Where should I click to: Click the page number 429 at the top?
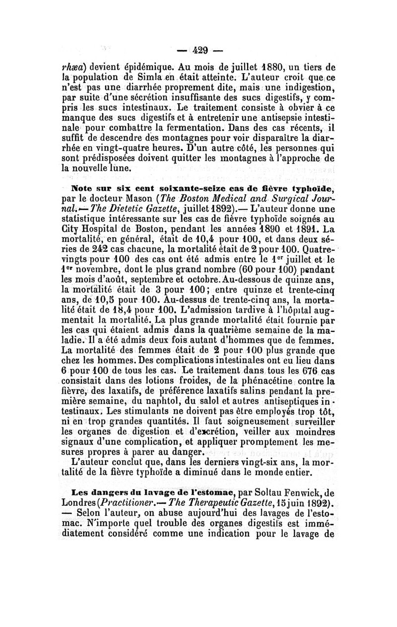(198, 50)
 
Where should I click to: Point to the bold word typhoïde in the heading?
(312, 189)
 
